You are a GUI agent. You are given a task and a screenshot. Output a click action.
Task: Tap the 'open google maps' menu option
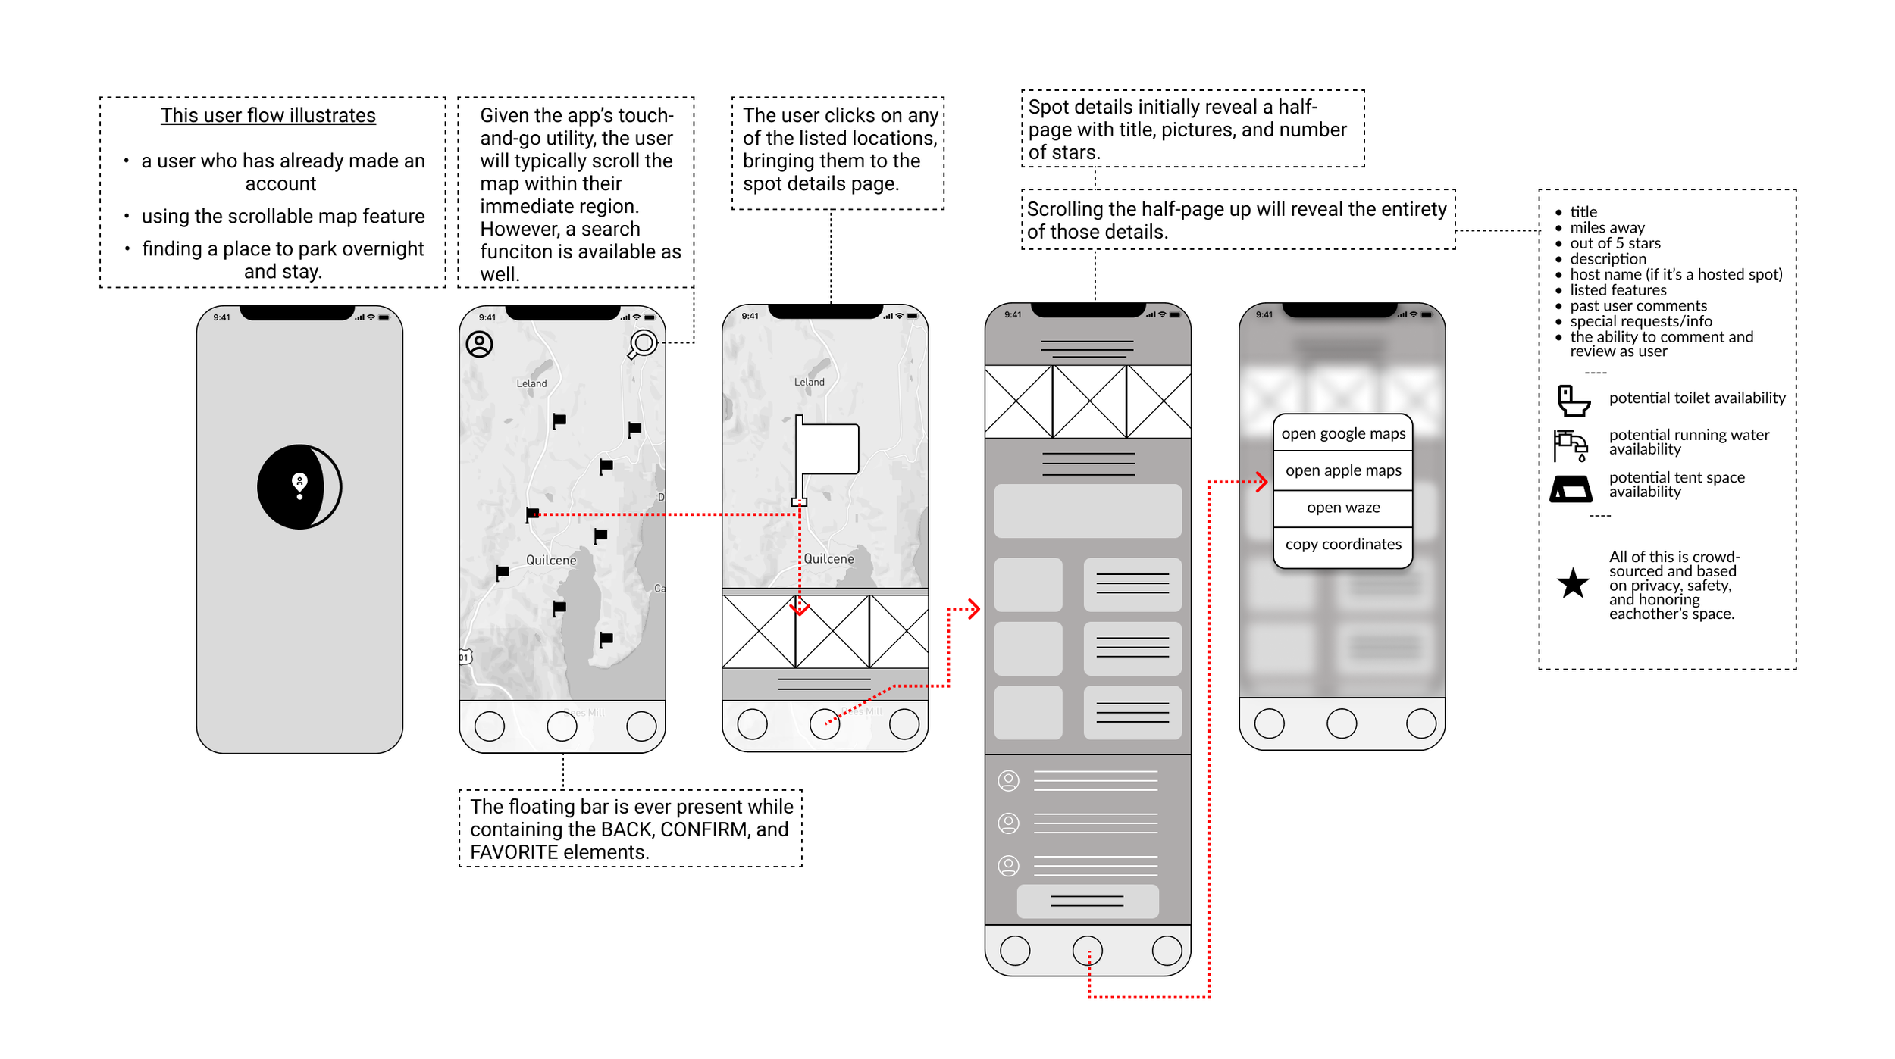1342,433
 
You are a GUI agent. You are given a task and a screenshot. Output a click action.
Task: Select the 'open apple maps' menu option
1342,470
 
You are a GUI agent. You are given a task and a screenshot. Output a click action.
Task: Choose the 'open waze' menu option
1342,508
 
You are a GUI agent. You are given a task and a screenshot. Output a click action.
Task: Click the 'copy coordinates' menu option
1342,544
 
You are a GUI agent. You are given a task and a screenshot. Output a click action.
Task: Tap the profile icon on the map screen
479,344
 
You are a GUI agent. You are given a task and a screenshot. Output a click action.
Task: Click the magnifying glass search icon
643,344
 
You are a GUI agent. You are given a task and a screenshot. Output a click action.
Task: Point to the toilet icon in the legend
1573,400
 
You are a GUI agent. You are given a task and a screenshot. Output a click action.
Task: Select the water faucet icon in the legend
1570,445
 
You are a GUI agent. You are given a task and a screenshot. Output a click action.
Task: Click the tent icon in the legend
1571,489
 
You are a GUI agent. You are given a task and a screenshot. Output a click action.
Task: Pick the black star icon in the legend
1573,583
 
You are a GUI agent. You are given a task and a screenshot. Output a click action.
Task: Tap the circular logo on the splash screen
299,486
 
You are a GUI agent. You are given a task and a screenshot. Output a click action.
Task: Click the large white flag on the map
826,451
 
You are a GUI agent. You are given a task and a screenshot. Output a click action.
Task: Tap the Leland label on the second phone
531,383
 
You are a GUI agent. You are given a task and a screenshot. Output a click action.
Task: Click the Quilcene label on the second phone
551,560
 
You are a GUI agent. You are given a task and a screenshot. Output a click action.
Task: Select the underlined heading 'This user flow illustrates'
268,115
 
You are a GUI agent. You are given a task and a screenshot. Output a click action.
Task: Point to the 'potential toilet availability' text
1696,398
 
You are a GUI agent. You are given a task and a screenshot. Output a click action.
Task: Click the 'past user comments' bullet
1637,305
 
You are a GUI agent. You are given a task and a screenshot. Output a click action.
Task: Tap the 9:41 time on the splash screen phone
221,317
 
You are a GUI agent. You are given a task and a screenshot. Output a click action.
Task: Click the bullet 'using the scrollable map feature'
283,216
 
